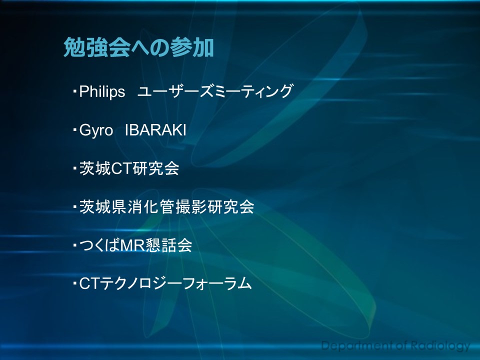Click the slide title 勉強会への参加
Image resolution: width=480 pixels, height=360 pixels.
pos(138,47)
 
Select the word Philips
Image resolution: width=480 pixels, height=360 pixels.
pos(102,91)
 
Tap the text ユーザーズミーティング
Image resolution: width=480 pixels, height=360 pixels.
pos(215,91)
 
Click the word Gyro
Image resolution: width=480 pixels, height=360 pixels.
pos(96,130)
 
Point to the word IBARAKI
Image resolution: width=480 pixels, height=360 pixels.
pos(155,130)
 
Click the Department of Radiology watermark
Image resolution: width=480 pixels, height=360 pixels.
pos(395,346)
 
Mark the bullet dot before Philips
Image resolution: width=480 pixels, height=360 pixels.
pos(74,91)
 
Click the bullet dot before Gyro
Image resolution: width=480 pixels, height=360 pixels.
pos(74,130)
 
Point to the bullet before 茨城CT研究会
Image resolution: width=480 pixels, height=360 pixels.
pos(74,168)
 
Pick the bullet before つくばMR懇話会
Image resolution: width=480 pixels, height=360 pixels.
pos(74,245)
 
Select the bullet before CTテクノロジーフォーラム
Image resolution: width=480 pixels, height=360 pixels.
pos(74,283)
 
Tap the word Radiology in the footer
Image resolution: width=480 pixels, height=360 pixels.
pos(440,346)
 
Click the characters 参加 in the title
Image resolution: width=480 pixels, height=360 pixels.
pos(192,47)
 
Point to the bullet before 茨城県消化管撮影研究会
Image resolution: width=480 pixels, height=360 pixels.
pos(74,206)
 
